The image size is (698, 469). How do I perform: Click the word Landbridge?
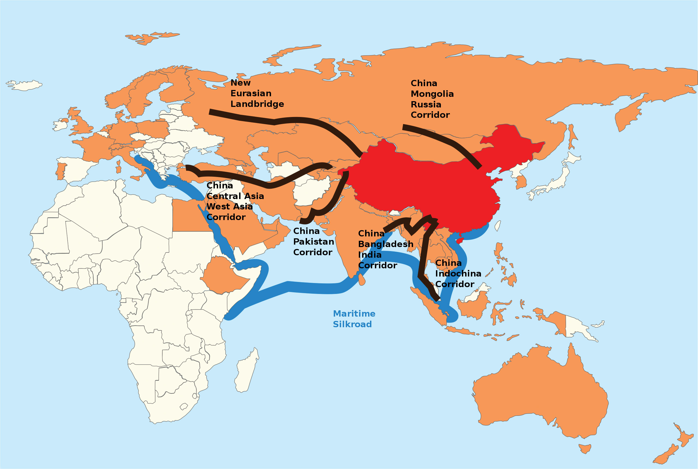257,104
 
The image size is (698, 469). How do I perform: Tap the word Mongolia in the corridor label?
432,94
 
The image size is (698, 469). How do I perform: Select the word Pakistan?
313,242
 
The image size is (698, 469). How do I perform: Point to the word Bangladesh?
386,244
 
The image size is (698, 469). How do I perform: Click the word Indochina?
458,274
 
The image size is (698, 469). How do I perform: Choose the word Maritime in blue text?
354,314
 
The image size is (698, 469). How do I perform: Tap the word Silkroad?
352,324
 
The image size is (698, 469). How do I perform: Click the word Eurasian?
251,93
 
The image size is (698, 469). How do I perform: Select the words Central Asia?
235,196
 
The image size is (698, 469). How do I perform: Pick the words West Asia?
229,207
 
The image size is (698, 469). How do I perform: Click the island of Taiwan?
497,226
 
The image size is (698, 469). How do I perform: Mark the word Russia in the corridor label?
426,105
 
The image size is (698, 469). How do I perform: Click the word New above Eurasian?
240,83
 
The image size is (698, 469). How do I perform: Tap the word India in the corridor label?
370,255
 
